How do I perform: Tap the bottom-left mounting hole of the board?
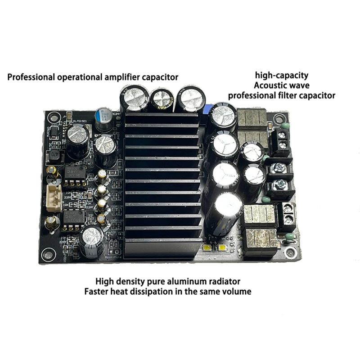pyautogui.click(x=48, y=256)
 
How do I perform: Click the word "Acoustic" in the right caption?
pyautogui.click(x=269, y=85)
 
